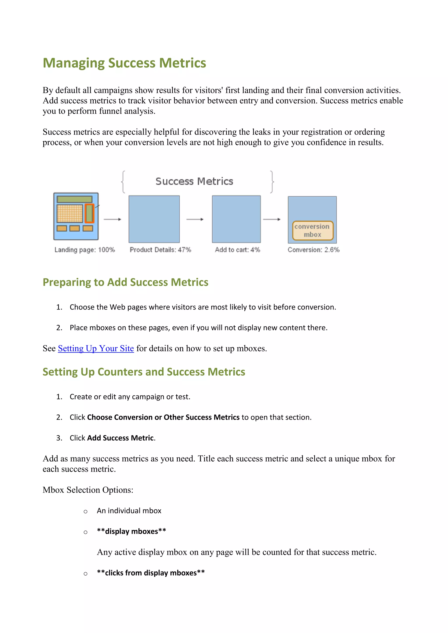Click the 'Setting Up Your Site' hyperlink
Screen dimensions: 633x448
coord(96,348)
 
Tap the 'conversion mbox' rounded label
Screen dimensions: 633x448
coord(313,230)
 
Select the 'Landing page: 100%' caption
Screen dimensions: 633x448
coord(84,250)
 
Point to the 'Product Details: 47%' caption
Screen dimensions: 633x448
coord(160,250)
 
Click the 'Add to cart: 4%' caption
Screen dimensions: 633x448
coord(237,250)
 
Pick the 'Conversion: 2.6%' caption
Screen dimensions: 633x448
coord(313,250)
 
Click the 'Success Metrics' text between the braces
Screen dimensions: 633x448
coord(194,181)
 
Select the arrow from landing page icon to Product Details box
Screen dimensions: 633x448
coord(112,219)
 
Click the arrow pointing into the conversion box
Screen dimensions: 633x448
coord(272,219)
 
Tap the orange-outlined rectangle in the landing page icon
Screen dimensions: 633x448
coord(89,213)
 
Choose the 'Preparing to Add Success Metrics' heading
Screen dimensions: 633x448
coord(126,282)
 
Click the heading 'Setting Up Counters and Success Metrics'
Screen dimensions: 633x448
coord(144,372)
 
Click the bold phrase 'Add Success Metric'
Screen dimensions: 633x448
coord(120,438)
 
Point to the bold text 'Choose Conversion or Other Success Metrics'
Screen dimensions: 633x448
coord(163,417)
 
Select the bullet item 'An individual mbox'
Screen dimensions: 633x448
coord(129,511)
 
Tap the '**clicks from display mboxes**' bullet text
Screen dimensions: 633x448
coord(151,573)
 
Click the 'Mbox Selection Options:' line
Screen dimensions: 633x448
coord(88,490)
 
